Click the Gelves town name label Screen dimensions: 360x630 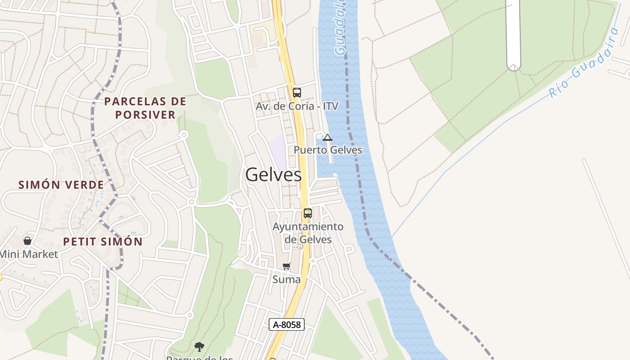coord(273,175)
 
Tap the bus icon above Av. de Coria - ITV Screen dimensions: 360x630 coord(297,93)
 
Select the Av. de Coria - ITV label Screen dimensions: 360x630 coord(297,106)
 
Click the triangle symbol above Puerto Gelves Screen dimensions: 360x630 coord(328,137)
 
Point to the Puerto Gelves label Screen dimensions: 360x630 coord(328,150)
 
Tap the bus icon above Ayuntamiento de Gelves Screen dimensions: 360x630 coord(307,213)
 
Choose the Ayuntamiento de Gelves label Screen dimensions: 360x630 coord(308,233)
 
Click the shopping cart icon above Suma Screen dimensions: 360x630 coord(287,266)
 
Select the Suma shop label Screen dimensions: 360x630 coord(286,279)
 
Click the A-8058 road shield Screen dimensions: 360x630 coord(287,324)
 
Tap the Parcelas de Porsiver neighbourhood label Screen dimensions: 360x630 coord(145,108)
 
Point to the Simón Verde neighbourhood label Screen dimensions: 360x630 coord(61,184)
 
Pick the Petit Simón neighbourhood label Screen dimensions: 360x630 coord(103,242)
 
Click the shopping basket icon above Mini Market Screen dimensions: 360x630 coord(27,241)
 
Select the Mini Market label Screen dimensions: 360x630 coord(29,254)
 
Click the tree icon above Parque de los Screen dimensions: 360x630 coord(199,346)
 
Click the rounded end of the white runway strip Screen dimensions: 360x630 coord(513,65)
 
